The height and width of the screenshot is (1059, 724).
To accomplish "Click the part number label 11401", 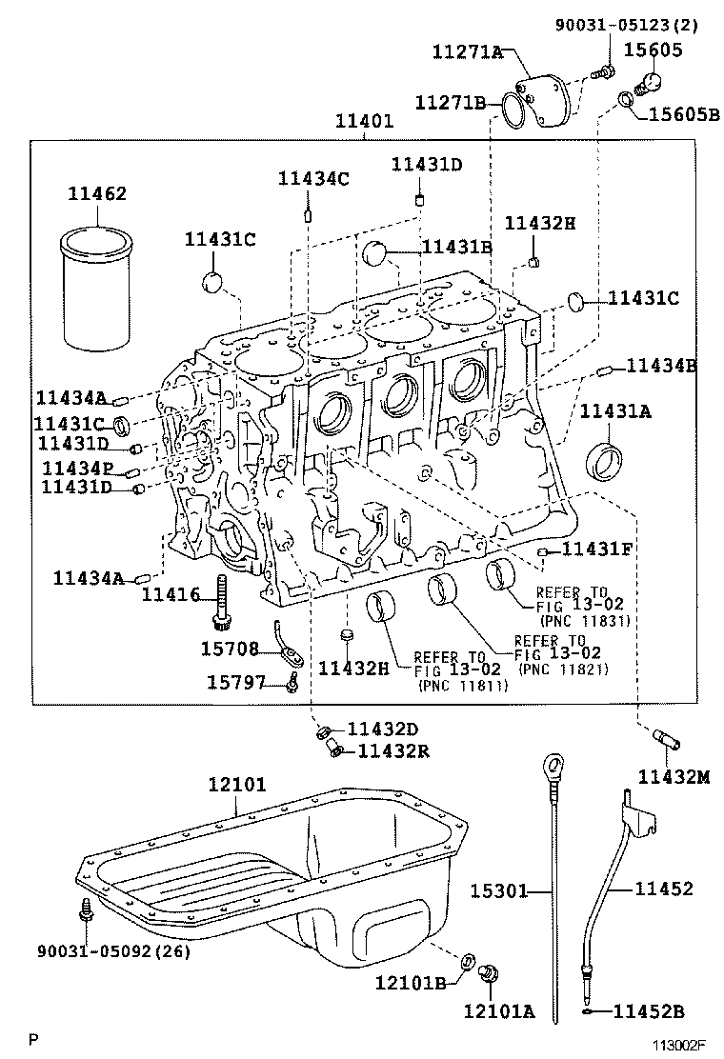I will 363,123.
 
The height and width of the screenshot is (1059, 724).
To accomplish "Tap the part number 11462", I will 96,193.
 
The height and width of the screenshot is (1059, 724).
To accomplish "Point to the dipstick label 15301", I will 498,890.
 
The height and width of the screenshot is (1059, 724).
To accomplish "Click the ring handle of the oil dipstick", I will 553,766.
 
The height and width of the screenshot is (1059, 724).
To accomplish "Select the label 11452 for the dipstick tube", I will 664,889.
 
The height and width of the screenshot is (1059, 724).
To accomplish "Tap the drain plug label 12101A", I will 499,1010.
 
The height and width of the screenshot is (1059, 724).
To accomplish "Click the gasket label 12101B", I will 411,982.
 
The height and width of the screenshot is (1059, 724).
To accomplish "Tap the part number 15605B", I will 684,114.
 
